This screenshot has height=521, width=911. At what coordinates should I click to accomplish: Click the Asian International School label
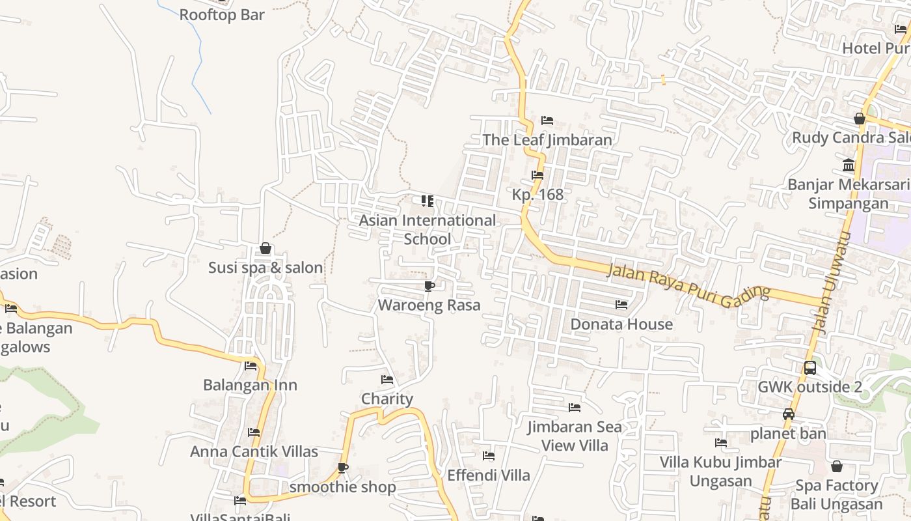tap(428, 230)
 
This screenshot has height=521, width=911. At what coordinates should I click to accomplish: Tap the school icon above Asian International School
tap(428, 201)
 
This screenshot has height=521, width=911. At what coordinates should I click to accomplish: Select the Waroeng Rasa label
tap(429, 305)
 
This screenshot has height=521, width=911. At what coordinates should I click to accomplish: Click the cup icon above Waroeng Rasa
tap(429, 286)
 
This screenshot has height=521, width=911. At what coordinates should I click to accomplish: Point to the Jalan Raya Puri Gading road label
tap(688, 285)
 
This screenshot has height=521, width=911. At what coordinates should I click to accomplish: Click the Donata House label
tap(621, 324)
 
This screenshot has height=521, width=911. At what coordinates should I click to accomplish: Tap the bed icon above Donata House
tap(621, 304)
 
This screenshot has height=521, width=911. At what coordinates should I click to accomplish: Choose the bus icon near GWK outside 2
tap(810, 367)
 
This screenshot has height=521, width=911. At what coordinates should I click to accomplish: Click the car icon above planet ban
tap(789, 414)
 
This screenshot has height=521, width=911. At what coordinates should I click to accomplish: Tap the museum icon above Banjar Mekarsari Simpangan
tap(849, 165)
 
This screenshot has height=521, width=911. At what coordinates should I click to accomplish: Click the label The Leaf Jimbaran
tap(547, 140)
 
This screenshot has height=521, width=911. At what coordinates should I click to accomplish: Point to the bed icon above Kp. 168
tap(537, 175)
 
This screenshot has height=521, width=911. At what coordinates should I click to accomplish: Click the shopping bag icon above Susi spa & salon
tap(265, 248)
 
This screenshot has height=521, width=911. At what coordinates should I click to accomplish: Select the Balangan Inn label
tap(250, 385)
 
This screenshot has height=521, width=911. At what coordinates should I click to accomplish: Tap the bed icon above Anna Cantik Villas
tap(254, 432)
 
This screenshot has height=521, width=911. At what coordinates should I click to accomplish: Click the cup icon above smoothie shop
tap(343, 468)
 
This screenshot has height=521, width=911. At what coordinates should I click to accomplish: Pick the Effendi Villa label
tap(489, 475)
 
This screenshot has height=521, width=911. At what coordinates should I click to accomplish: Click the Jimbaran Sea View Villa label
tap(575, 436)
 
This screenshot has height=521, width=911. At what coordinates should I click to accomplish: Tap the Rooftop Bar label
tap(222, 15)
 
